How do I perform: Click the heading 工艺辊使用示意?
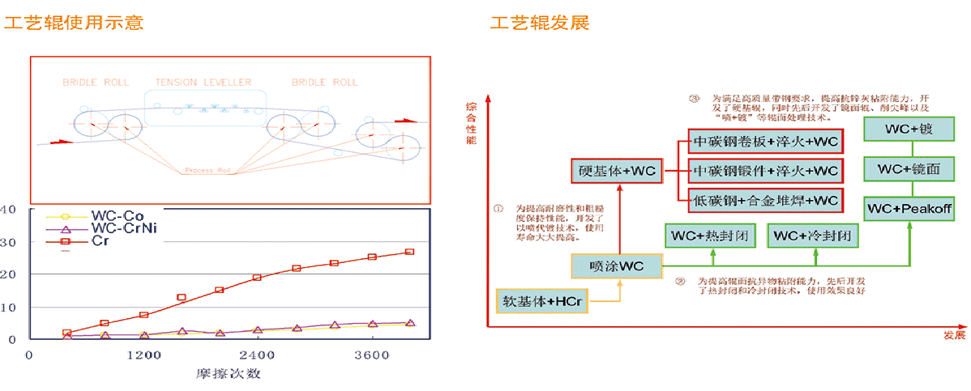point(75,23)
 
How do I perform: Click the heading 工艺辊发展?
point(539,23)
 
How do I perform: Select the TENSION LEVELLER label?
point(203,83)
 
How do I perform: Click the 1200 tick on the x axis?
point(143,355)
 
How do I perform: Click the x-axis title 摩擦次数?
point(228,375)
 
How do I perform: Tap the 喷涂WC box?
point(617,266)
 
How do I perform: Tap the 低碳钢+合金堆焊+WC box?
point(765,199)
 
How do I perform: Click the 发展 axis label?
point(954,334)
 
